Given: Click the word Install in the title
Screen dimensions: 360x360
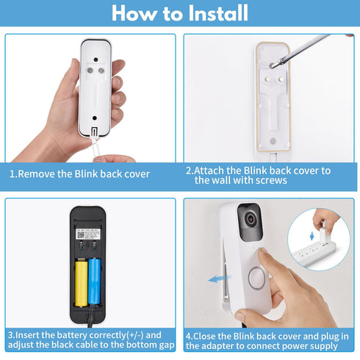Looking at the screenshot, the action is pyautogui.click(x=218, y=12).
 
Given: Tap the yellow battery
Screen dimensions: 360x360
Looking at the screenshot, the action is pyautogui.click(x=81, y=284).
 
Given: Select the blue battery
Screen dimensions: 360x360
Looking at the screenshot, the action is pyautogui.click(x=95, y=281).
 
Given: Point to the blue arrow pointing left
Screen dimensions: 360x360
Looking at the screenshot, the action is pyautogui.click(x=220, y=278).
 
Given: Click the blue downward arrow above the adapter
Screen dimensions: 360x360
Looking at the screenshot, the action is pyautogui.click(x=312, y=237).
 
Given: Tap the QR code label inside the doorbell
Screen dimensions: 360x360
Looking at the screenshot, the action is pyautogui.click(x=88, y=234).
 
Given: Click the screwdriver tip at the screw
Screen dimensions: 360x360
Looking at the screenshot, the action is pyautogui.click(x=272, y=65).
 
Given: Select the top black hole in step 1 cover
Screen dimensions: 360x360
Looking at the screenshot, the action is pyautogui.click(x=96, y=60).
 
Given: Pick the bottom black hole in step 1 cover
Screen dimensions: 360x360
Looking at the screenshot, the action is pyautogui.click(x=95, y=118).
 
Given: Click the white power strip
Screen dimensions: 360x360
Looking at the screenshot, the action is pyautogui.click(x=314, y=254).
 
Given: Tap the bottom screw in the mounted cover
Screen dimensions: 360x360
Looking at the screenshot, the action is pyautogui.click(x=273, y=141).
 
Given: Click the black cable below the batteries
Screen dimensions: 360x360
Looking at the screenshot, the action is pyautogui.click(x=90, y=315).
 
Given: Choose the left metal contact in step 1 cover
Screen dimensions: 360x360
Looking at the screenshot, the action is pyautogui.click(x=90, y=71).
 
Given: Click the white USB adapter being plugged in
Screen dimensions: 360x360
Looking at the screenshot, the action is pyautogui.click(x=324, y=233).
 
